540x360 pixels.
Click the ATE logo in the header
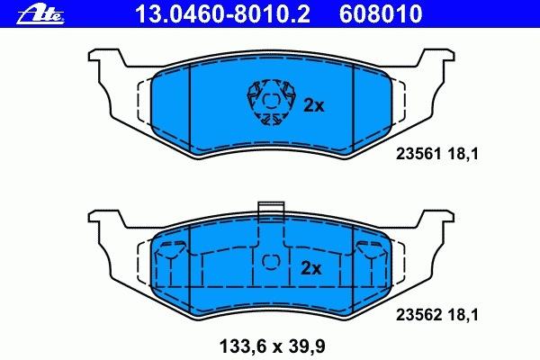(40, 14)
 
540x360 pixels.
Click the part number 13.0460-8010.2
(223, 13)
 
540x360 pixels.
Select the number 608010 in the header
(381, 13)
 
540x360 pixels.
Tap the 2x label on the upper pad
(314, 106)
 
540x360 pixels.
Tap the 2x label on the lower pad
(311, 268)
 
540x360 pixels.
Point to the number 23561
(418, 154)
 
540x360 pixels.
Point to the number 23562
(418, 314)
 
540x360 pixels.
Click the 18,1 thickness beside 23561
(463, 154)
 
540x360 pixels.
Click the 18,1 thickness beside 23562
(463, 314)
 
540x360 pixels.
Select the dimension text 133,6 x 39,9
(272, 346)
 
